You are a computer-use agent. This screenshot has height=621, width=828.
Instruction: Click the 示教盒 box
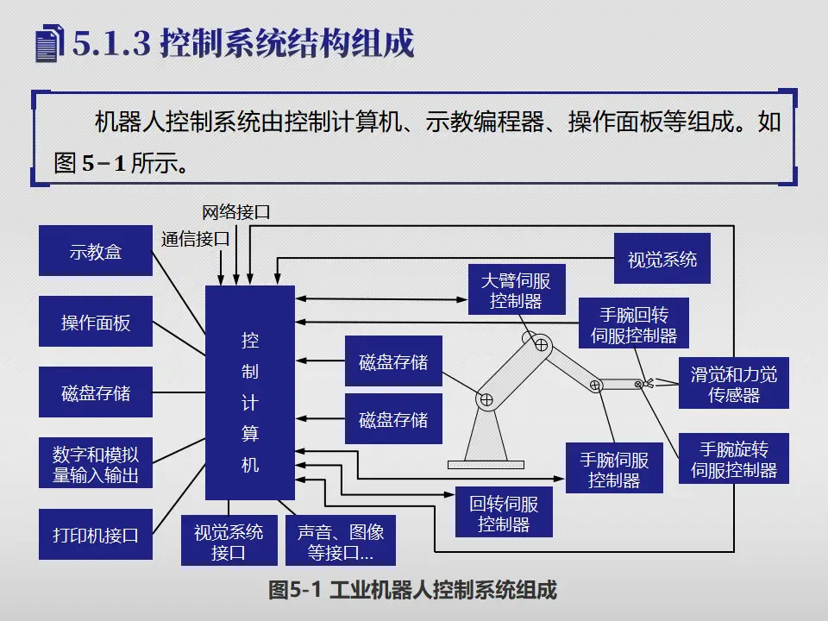tap(96, 251)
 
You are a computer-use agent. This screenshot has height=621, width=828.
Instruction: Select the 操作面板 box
tap(96, 323)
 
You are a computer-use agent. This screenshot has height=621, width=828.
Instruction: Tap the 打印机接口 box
tap(96, 535)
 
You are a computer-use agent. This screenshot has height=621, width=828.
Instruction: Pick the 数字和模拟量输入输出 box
tap(96, 464)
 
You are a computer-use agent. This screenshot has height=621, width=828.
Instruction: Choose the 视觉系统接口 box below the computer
tap(229, 541)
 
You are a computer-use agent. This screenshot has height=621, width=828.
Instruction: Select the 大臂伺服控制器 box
tap(516, 290)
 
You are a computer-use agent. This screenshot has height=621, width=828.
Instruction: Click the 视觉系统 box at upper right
tap(662, 259)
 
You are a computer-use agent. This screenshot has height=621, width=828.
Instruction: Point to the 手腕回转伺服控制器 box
tap(634, 323)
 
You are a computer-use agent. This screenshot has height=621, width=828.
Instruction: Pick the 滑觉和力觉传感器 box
tap(733, 384)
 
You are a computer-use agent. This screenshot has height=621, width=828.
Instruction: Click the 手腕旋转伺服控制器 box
tap(733, 459)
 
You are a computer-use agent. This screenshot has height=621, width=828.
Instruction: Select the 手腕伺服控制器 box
tap(613, 469)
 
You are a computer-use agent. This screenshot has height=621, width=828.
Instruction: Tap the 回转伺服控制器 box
tap(504, 513)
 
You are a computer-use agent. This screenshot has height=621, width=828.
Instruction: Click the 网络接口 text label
tap(235, 211)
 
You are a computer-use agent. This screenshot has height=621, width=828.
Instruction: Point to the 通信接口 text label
tap(195, 238)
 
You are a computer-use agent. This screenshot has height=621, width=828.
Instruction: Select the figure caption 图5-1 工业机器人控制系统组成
tap(412, 590)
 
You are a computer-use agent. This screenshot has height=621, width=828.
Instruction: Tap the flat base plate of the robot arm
tap(486, 464)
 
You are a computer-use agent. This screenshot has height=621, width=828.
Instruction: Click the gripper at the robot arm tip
tap(646, 383)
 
